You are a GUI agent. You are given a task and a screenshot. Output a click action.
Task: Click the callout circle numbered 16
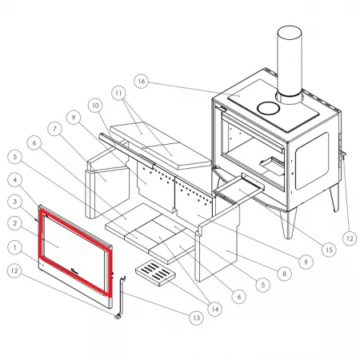pos(142,81)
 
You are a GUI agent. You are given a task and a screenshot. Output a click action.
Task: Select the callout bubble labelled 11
pos(118,93)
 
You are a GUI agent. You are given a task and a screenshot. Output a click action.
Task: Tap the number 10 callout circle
pos(95,106)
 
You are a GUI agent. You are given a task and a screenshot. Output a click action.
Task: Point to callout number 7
pos(54,129)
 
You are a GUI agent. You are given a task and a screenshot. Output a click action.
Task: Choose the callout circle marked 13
pos(196,318)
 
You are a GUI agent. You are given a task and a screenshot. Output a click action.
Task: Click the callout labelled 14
pos(215,309)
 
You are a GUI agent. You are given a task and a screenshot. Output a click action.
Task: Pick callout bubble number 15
pos(329,250)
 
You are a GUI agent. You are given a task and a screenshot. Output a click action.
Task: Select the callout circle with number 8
pos(284,274)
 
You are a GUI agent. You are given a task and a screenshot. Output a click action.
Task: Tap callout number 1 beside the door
pos(15,247)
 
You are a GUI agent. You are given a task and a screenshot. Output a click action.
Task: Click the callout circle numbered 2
pos(15,223)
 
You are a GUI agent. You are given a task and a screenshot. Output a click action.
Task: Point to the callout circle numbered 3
pos(15,202)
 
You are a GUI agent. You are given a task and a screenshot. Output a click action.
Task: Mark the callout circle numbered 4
pos(15,180)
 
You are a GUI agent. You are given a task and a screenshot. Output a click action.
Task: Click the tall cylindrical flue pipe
pos(290,64)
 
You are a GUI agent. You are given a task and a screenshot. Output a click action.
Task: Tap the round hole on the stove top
pos(268,108)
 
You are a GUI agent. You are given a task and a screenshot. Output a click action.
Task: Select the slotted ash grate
pos(156,273)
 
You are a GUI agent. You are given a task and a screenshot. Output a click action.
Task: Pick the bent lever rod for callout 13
pos(122,296)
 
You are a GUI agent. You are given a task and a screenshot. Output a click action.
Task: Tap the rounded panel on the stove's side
pos(311,161)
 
